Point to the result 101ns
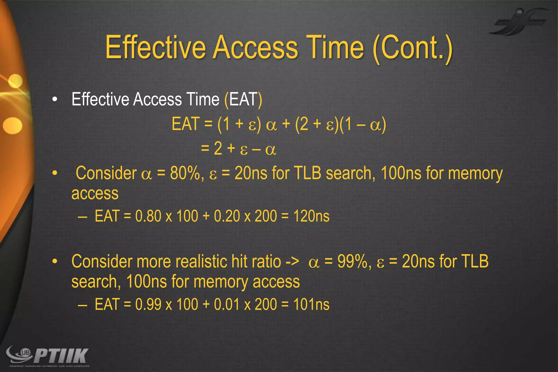[311, 304]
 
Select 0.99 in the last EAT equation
[148, 304]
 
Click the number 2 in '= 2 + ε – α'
[218, 149]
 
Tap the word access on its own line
[95, 193]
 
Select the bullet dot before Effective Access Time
[55, 100]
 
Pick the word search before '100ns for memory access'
[95, 282]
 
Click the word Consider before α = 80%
[106, 173]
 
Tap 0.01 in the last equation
[227, 304]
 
